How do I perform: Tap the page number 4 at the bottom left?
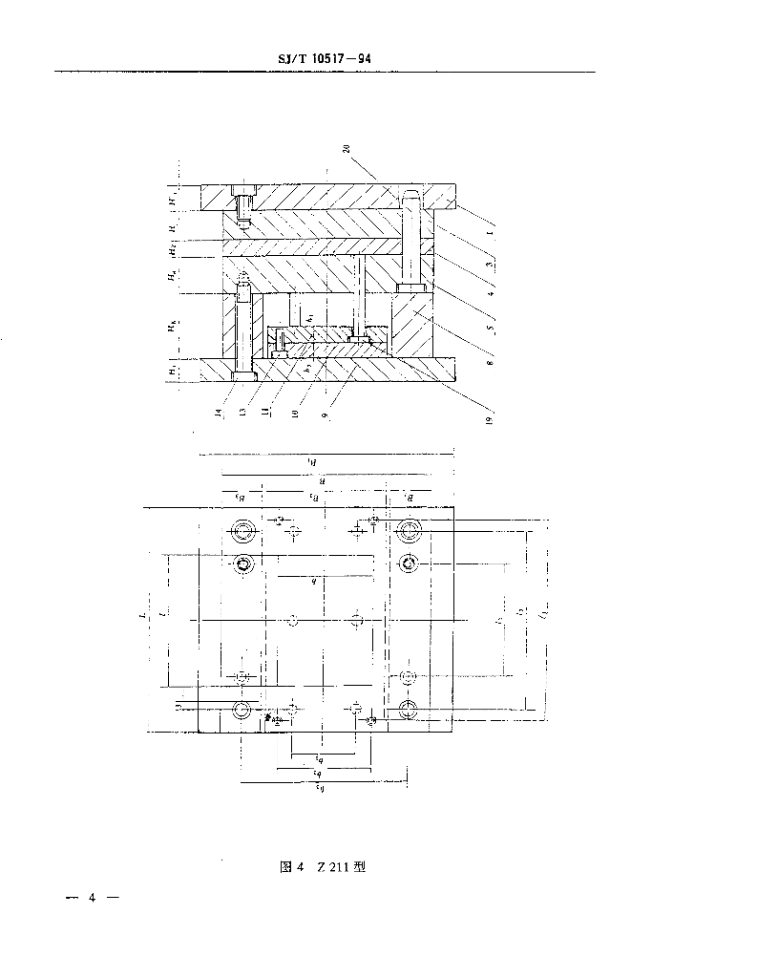click(x=93, y=898)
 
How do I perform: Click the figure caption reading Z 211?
click(x=321, y=867)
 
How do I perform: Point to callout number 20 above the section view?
click(x=345, y=149)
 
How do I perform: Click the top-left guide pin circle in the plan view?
click(x=242, y=530)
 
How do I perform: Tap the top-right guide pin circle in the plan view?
click(x=410, y=530)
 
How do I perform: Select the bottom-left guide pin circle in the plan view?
click(x=242, y=709)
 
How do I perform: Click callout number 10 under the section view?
click(x=294, y=413)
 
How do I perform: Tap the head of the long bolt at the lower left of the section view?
click(x=243, y=377)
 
